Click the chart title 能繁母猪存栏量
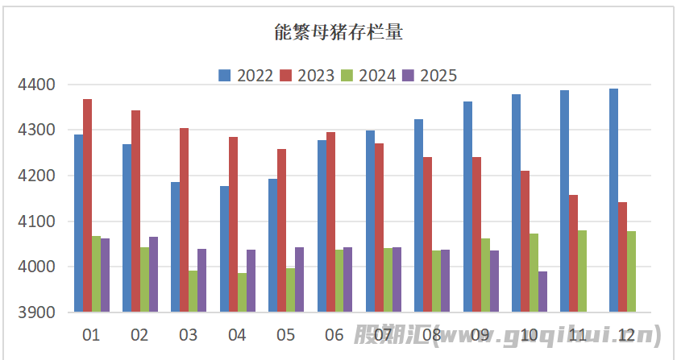[x=338, y=33]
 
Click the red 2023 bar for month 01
[x=88, y=205]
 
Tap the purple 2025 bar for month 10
[x=543, y=292]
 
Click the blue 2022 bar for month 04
[x=224, y=249]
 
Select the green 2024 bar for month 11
[x=583, y=271]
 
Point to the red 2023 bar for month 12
[x=623, y=257]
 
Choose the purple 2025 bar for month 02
[x=154, y=274]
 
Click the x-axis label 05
[x=285, y=334]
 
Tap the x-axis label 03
[x=188, y=334]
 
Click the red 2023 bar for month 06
[x=331, y=221]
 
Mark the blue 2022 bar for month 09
[x=467, y=206]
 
